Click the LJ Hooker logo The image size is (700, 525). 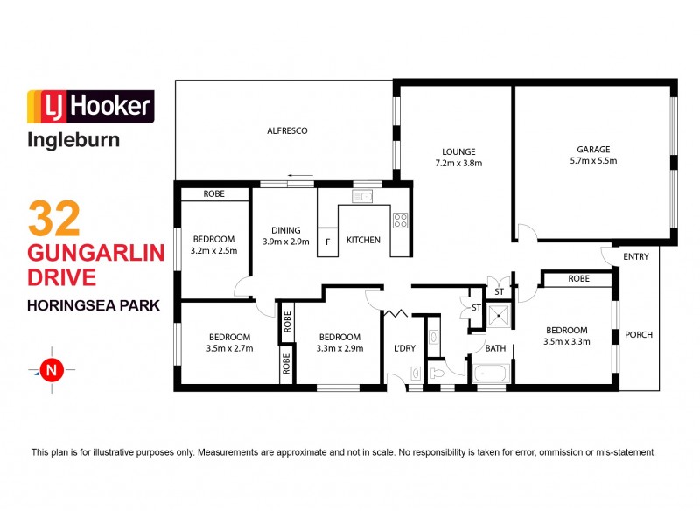[91, 106]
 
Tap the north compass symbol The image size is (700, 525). [52, 370]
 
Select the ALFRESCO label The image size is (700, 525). [287, 130]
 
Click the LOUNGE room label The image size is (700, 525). [458, 150]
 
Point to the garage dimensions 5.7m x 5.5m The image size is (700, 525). [592, 161]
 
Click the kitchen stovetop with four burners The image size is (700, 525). [400, 220]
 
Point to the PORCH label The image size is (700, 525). [638, 334]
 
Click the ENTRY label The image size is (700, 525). [636, 256]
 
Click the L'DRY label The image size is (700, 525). [404, 348]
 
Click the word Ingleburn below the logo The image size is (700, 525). [73, 138]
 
